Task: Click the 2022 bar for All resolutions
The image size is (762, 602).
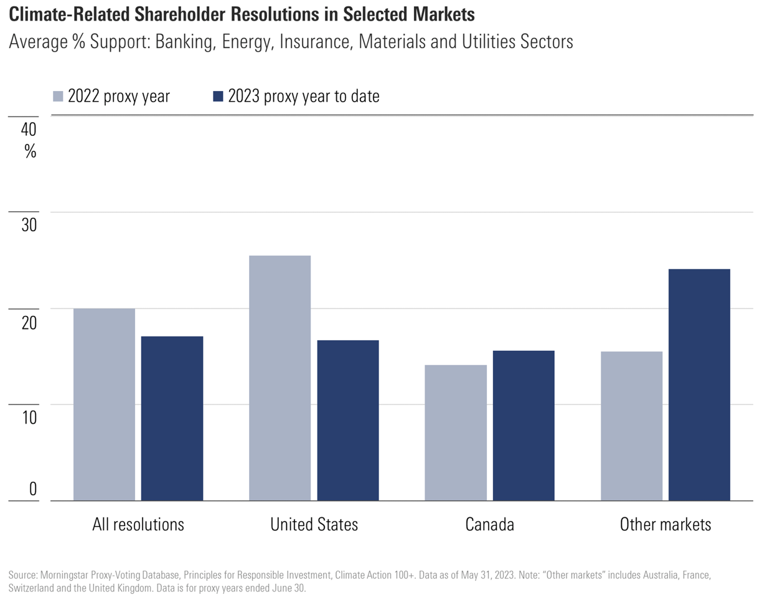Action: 104,404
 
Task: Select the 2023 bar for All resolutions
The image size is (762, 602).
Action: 172,418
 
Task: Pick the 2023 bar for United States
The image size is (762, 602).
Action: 348,420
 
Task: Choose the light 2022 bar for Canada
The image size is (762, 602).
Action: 456,432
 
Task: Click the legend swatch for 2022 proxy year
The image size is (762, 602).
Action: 58,96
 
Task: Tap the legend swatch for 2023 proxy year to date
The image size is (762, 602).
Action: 218,96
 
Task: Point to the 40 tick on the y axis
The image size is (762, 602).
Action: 30,130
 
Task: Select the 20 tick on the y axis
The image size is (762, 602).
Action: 30,322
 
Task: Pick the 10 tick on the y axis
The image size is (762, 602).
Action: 30,418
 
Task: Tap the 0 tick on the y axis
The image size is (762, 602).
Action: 33,490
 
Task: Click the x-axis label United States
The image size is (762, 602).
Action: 314,524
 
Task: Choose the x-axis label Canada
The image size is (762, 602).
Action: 489,524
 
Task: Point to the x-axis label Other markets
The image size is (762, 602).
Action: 665,524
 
